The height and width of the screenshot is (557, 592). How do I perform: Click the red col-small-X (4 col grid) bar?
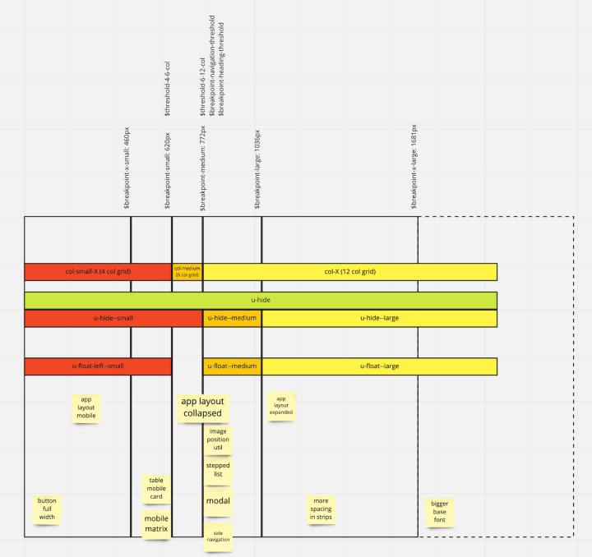click(x=98, y=272)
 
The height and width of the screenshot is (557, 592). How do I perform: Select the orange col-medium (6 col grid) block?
click(x=187, y=272)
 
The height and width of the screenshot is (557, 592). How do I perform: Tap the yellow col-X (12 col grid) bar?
click(x=349, y=272)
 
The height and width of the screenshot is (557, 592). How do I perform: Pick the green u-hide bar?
click(x=261, y=301)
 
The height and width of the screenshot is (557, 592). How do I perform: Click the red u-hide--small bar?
click(x=113, y=318)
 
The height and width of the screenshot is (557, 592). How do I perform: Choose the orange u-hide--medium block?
click(x=232, y=318)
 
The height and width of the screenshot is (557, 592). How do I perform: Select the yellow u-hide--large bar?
click(x=379, y=318)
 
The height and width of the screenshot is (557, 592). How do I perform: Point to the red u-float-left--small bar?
click(x=98, y=366)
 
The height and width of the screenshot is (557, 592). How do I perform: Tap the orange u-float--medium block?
click(x=232, y=366)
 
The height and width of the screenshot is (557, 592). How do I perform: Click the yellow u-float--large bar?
click(x=379, y=366)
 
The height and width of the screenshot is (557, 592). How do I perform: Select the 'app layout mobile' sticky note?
click(x=86, y=407)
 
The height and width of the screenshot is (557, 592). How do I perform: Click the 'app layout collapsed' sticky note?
click(x=202, y=407)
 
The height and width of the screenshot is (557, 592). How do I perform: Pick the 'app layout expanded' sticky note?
click(x=280, y=406)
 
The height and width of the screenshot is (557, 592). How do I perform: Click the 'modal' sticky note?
click(x=218, y=501)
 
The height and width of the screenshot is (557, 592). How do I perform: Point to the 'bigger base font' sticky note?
click(x=440, y=512)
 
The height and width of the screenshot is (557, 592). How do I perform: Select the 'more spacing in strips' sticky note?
click(x=321, y=509)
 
